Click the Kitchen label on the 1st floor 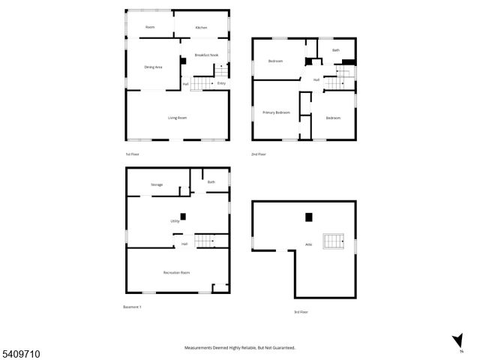click(201, 28)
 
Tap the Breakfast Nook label click(206, 55)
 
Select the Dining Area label click(153, 67)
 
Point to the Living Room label click(177, 118)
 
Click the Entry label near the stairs click(221, 83)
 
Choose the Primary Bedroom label click(276, 112)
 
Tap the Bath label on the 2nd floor click(336, 50)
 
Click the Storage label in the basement click(157, 184)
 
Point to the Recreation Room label click(176, 272)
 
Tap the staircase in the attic click(333, 241)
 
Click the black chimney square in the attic click(308, 217)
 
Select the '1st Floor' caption click(133, 154)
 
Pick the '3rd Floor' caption click(301, 312)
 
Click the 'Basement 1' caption click(132, 307)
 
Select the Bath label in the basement click(211, 182)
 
